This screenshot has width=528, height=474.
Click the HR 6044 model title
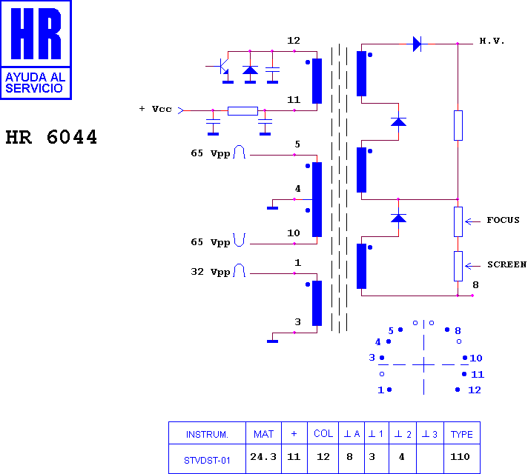point(51,137)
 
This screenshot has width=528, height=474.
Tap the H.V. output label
point(492,41)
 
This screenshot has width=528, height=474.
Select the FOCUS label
point(503,220)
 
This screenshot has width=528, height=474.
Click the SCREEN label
point(506,264)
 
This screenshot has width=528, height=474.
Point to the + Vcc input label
point(156,109)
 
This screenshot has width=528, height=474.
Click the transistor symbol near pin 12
point(221,66)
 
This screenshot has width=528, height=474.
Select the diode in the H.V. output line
point(418,44)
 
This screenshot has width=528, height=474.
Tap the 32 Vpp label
point(211,272)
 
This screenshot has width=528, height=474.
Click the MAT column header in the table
point(263,434)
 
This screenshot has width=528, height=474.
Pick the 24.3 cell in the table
point(263,456)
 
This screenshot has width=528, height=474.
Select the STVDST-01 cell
point(207,460)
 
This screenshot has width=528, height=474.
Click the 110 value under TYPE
point(460,456)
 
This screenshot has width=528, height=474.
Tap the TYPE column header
point(462,434)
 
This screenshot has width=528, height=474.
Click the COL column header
point(323,433)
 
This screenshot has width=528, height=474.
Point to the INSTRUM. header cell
point(207,434)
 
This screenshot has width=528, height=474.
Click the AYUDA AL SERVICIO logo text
point(36,82)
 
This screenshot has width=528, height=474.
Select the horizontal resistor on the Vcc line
point(242,110)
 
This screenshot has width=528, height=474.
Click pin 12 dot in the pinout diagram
point(458,390)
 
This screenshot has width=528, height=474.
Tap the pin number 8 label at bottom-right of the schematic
point(475,284)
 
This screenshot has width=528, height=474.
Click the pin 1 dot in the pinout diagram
point(389,390)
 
